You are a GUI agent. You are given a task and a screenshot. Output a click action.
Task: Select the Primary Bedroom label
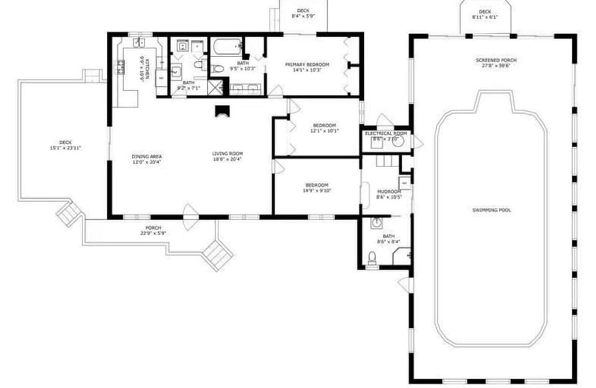(307, 67)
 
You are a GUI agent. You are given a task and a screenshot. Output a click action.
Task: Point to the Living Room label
(227, 156)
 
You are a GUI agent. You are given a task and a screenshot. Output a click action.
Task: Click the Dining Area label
(147, 159)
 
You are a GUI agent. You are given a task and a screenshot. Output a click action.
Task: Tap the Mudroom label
(389, 194)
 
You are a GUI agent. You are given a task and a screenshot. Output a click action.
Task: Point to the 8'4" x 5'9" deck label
(303, 13)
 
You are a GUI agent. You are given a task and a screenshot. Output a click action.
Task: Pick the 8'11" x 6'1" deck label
(485, 14)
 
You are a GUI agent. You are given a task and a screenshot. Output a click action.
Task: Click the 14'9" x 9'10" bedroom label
(317, 188)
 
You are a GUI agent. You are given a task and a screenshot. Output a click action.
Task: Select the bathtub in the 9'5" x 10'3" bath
(226, 47)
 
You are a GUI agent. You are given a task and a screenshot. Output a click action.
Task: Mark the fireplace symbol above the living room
(222, 111)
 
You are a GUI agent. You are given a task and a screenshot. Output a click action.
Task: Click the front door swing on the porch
(190, 212)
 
